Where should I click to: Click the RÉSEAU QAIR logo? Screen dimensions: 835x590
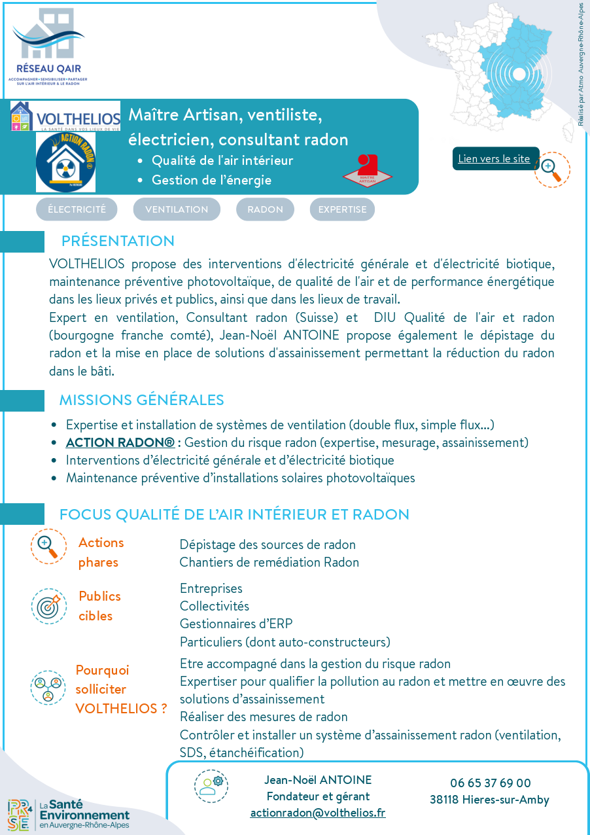click(48, 46)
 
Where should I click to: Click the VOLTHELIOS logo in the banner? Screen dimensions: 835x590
click(65, 116)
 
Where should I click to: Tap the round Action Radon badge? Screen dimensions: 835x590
click(65, 162)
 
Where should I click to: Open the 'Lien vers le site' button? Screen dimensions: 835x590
click(495, 158)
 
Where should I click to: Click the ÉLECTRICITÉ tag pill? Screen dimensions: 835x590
click(77, 209)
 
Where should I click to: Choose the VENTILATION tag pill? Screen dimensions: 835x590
click(177, 209)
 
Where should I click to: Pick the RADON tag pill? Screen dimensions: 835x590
click(265, 209)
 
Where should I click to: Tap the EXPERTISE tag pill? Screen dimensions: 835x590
click(342, 209)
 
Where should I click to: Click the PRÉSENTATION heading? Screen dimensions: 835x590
click(118, 241)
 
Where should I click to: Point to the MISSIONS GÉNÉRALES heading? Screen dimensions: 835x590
click(141, 400)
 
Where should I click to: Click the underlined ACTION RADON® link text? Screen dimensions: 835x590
click(120, 442)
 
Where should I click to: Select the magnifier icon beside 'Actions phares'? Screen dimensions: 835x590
click(48, 546)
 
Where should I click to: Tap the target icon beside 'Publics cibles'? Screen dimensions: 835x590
click(48, 606)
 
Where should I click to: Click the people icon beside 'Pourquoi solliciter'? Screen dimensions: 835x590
click(48, 687)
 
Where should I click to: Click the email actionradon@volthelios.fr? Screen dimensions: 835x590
click(318, 813)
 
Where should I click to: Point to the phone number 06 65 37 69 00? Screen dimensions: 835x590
click(490, 783)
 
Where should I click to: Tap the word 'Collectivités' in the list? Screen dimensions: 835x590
click(215, 607)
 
